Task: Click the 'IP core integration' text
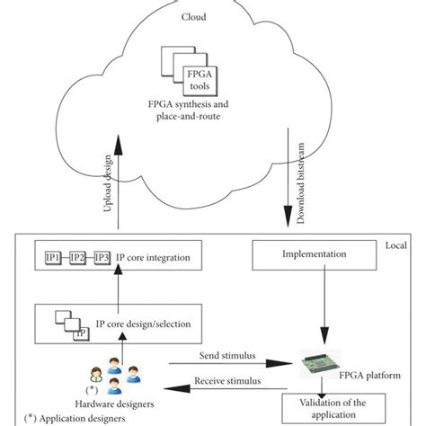[x=160, y=259]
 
